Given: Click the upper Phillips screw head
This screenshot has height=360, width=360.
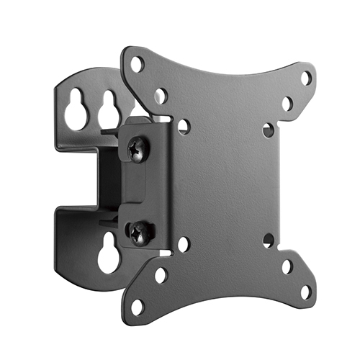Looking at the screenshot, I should pos(137,149).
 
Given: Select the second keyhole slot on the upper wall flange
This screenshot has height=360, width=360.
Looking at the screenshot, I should pos(109,112).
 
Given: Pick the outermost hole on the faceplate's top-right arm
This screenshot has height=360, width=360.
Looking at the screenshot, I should pos(306,77).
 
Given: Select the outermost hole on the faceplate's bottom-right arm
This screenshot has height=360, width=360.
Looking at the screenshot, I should pos(306,292).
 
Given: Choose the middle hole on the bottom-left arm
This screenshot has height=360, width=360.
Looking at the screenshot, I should pos(161,275).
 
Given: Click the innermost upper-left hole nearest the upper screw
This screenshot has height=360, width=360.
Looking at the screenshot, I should pos(184,127).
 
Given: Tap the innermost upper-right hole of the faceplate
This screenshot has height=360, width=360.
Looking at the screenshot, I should pos(269,130).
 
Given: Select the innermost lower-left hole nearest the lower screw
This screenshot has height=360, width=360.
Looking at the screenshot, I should pos(183,244).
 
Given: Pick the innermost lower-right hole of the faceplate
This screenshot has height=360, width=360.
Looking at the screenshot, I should pos(269,240).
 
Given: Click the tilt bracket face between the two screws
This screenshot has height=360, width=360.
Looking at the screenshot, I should pos(144,191).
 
